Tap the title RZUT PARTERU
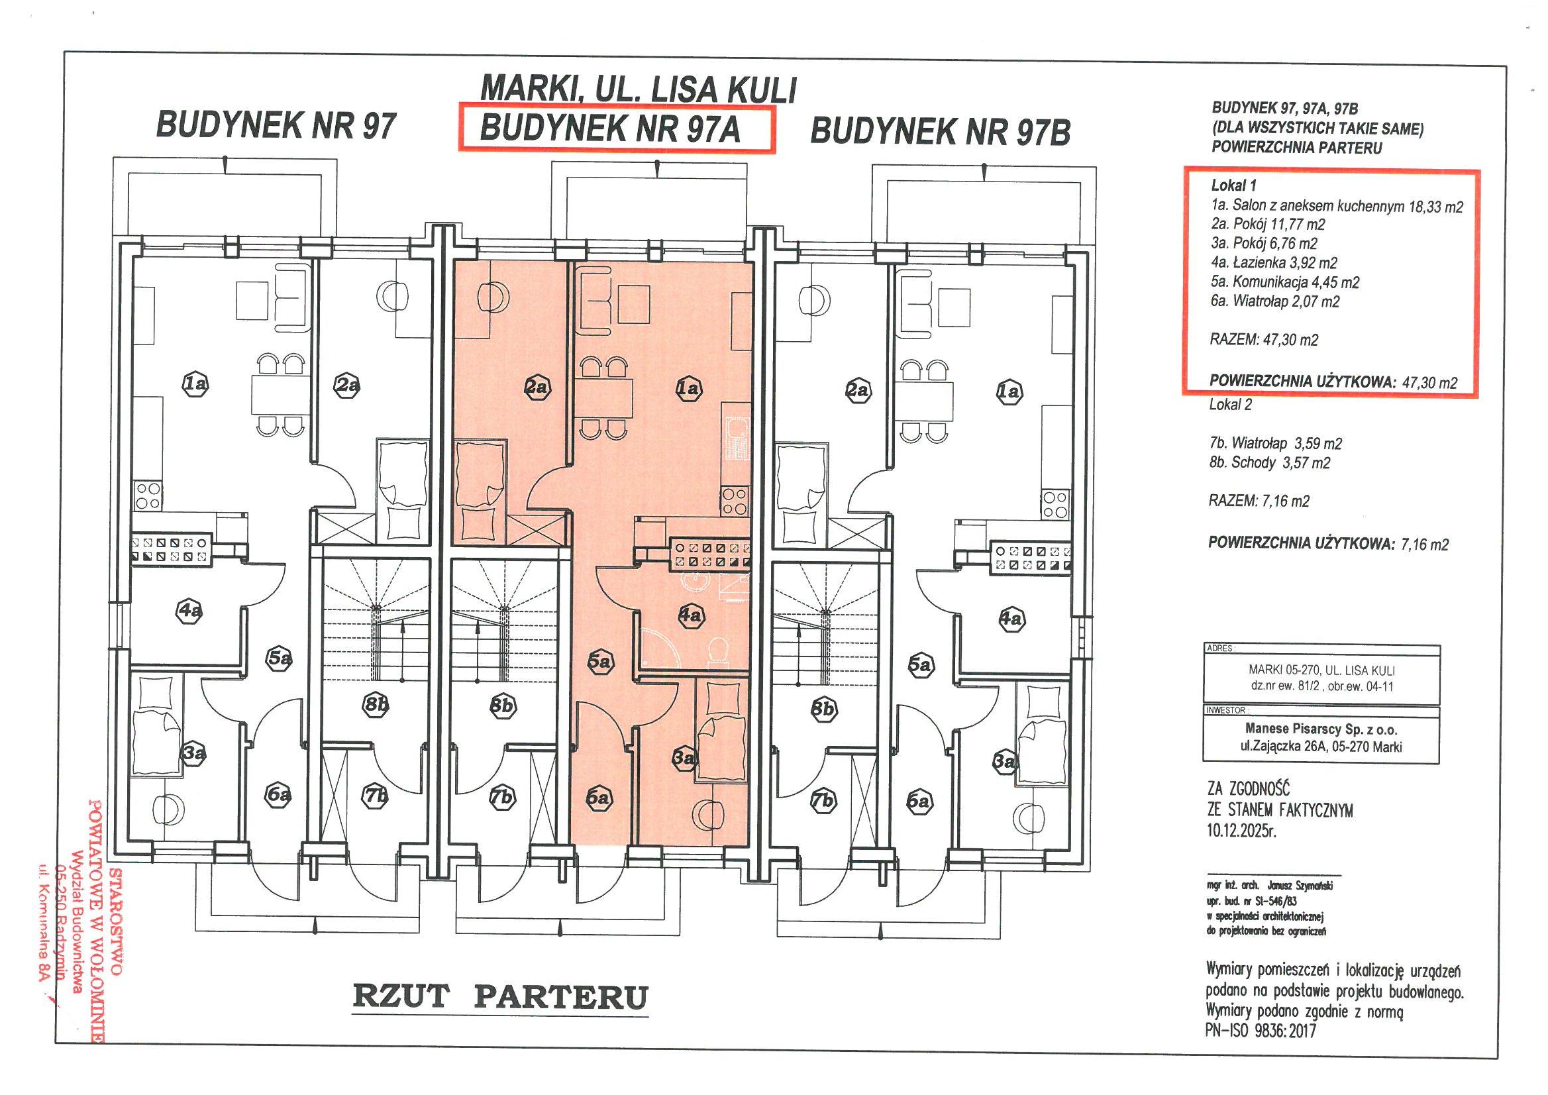tap(499, 996)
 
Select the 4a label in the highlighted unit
tap(690, 615)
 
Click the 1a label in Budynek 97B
tap(1009, 391)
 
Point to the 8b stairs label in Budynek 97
tap(376, 705)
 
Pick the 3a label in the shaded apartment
tap(684, 758)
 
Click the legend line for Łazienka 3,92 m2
tap(1274, 263)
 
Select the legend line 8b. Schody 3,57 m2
tap(1270, 462)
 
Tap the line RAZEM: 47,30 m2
tap(1264, 340)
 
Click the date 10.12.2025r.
tap(1241, 831)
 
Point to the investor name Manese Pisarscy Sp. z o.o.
tap(1321, 729)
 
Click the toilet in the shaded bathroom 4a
tap(719, 651)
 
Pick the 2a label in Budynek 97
tap(347, 385)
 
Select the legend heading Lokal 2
tap(1231, 405)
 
